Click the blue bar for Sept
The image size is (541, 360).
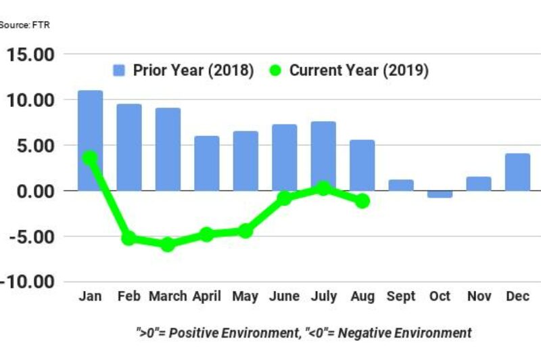pos(401,185)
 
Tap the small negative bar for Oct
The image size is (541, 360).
pos(440,194)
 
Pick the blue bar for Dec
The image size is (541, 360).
pos(517,172)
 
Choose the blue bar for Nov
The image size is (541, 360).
pos(479,183)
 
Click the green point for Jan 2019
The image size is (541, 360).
pos(90,158)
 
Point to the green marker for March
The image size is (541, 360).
pos(168,244)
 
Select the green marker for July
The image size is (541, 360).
pos(323,188)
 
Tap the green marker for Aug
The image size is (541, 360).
pos(362,201)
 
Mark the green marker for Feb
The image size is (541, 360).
pos(128,238)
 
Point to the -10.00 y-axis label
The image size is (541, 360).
pos(30,282)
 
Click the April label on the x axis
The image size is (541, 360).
pos(206,297)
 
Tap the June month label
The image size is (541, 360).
pos(285,297)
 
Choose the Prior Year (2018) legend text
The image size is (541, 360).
pos(193,70)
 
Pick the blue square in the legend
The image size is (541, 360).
pos(119,70)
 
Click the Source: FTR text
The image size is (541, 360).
pos(24,25)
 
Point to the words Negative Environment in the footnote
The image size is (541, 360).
pos(404,333)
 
